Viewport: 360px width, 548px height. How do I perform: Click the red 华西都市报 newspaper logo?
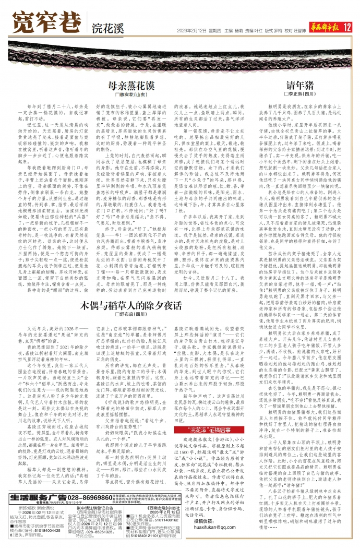[x=319, y=27]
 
